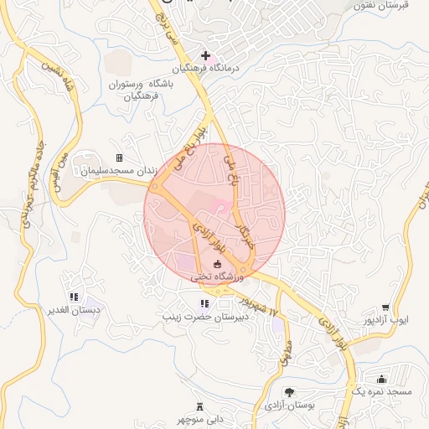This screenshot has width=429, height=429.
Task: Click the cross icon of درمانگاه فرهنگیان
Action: point(205,55)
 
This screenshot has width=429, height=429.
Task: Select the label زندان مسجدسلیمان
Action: point(119,170)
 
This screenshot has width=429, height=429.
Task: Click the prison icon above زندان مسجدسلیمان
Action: point(119,158)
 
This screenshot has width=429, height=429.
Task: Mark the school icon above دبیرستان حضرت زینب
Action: point(204,303)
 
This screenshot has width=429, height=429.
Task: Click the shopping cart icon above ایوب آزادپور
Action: point(385,308)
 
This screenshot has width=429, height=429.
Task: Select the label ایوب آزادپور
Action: point(385,321)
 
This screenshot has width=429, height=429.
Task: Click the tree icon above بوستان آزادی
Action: point(289,391)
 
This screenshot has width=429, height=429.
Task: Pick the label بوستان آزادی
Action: point(288,406)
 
